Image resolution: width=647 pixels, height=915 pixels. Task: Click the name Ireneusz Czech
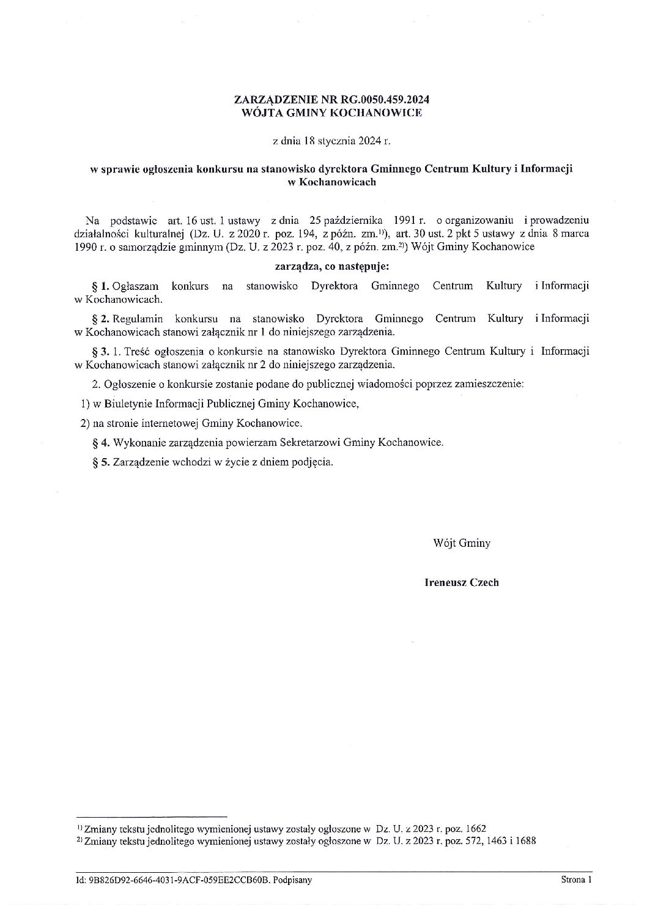click(461, 582)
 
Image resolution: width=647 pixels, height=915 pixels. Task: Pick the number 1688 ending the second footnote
click(525, 841)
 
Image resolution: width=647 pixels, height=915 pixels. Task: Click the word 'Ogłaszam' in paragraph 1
click(133, 286)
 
